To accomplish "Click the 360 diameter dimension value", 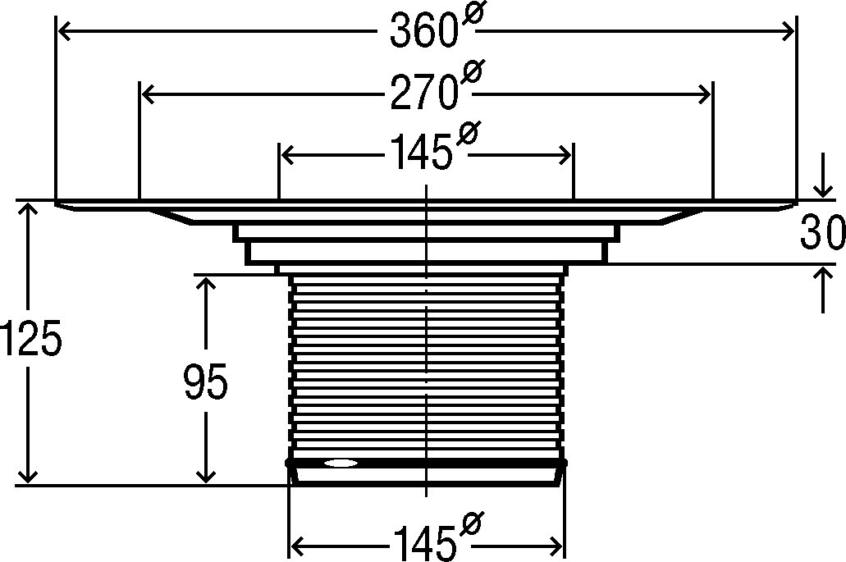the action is tap(423, 30).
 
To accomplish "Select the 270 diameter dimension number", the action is tap(423, 94).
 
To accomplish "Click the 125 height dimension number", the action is tap(30, 338).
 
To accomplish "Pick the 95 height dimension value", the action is tap(206, 381).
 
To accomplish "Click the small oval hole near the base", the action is tap(340, 463).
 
